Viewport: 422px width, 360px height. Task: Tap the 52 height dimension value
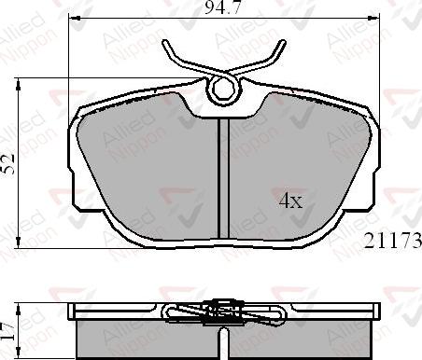coord(10,164)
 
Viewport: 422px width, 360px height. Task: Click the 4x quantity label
coord(290,200)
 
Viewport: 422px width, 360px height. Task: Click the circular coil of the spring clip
coord(223,90)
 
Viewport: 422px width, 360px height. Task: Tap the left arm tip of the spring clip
coord(166,45)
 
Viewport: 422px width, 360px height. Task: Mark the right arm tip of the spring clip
coord(280,45)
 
